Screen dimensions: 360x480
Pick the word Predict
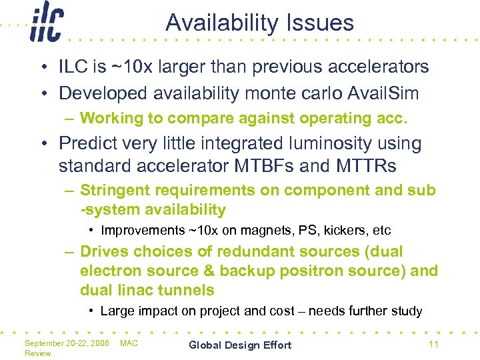91,143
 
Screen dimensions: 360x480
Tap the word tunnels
191,290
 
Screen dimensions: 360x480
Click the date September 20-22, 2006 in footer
67,343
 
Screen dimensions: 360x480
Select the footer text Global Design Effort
240,345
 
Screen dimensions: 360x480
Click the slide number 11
433,344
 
